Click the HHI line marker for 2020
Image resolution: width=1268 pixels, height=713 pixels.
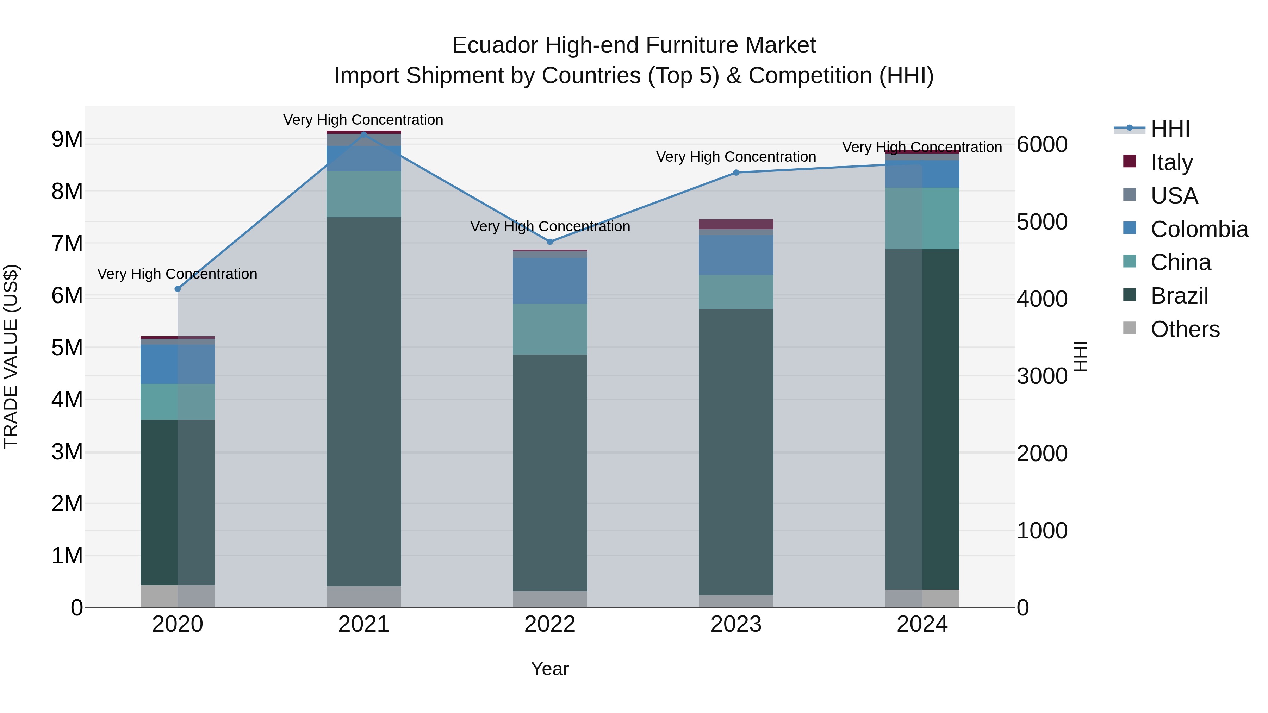[178, 289]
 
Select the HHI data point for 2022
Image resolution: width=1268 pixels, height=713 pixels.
[550, 242]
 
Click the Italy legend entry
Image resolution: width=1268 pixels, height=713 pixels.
[1171, 162]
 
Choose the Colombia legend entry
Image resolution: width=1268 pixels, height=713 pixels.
[1199, 229]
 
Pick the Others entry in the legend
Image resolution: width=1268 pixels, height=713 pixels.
[1185, 329]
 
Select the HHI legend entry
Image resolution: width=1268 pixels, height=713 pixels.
[1170, 129]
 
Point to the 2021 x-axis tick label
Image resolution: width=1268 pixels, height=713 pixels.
[364, 624]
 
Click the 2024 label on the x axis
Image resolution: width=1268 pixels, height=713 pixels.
[922, 624]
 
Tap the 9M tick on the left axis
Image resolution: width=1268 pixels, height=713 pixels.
[67, 140]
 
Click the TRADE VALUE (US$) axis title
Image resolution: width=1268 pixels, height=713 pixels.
[11, 356]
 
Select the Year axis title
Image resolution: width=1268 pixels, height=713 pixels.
[550, 669]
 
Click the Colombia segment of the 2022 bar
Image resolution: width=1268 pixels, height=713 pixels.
[550, 281]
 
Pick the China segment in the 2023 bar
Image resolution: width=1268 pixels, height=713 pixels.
[736, 292]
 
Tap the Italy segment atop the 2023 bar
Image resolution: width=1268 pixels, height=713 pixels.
[736, 224]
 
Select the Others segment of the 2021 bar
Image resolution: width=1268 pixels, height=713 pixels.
[364, 596]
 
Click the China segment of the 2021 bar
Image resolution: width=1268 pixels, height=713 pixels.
[364, 194]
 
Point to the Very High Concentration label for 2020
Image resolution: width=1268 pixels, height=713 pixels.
[177, 274]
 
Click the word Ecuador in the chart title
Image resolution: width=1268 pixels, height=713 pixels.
[495, 46]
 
